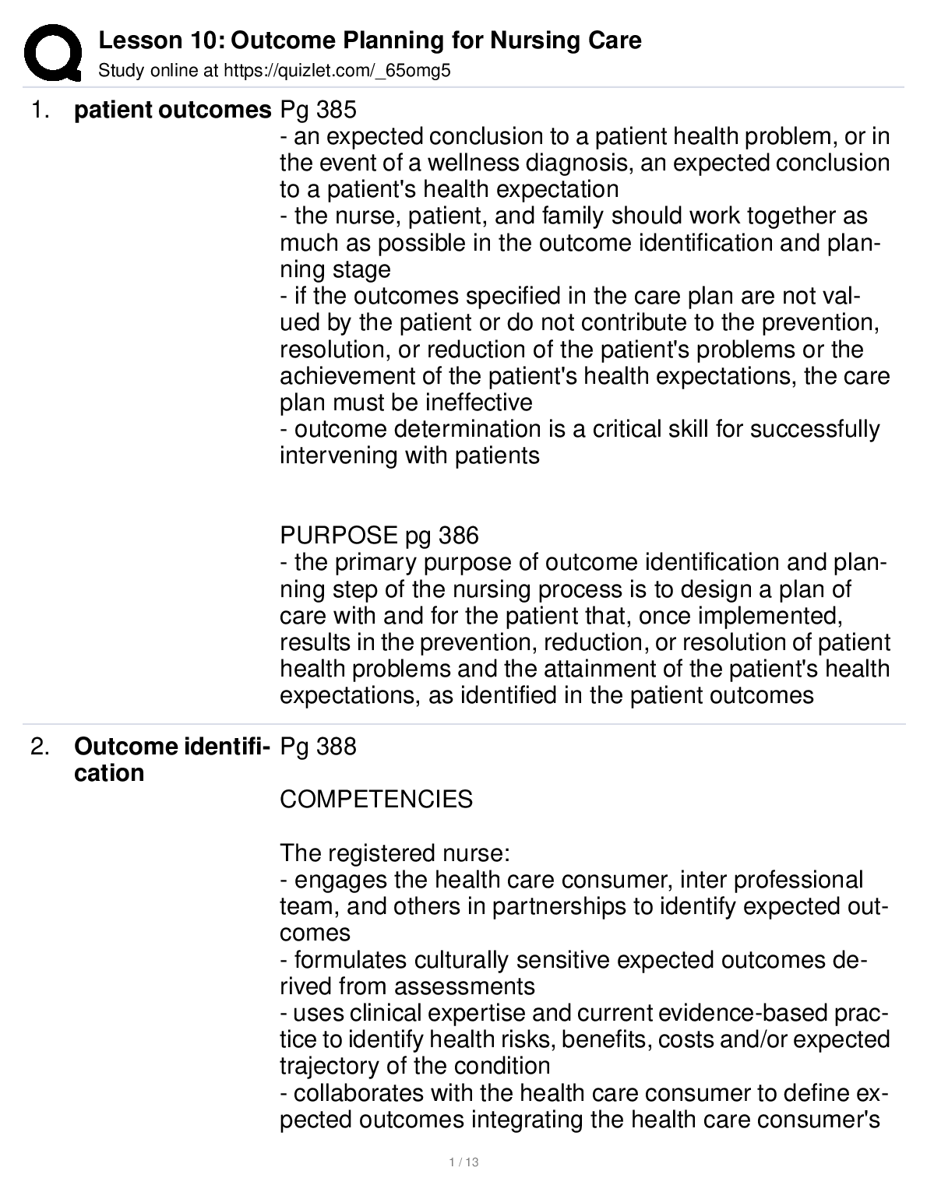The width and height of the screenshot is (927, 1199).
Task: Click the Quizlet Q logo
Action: pos(52,52)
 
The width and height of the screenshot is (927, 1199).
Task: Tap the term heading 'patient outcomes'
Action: pos(172,111)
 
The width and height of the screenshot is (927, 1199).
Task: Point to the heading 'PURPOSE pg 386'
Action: pos(379,536)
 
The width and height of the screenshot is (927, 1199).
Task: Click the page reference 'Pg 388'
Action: pos(318,747)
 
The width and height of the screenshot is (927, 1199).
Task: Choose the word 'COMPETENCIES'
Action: pos(376,800)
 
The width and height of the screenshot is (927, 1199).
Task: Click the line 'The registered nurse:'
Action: pos(395,853)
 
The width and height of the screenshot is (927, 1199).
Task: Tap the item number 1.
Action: pos(39,111)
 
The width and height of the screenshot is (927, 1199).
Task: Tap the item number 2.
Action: pos(39,747)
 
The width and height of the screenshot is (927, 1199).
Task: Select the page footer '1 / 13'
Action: pos(463,1162)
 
